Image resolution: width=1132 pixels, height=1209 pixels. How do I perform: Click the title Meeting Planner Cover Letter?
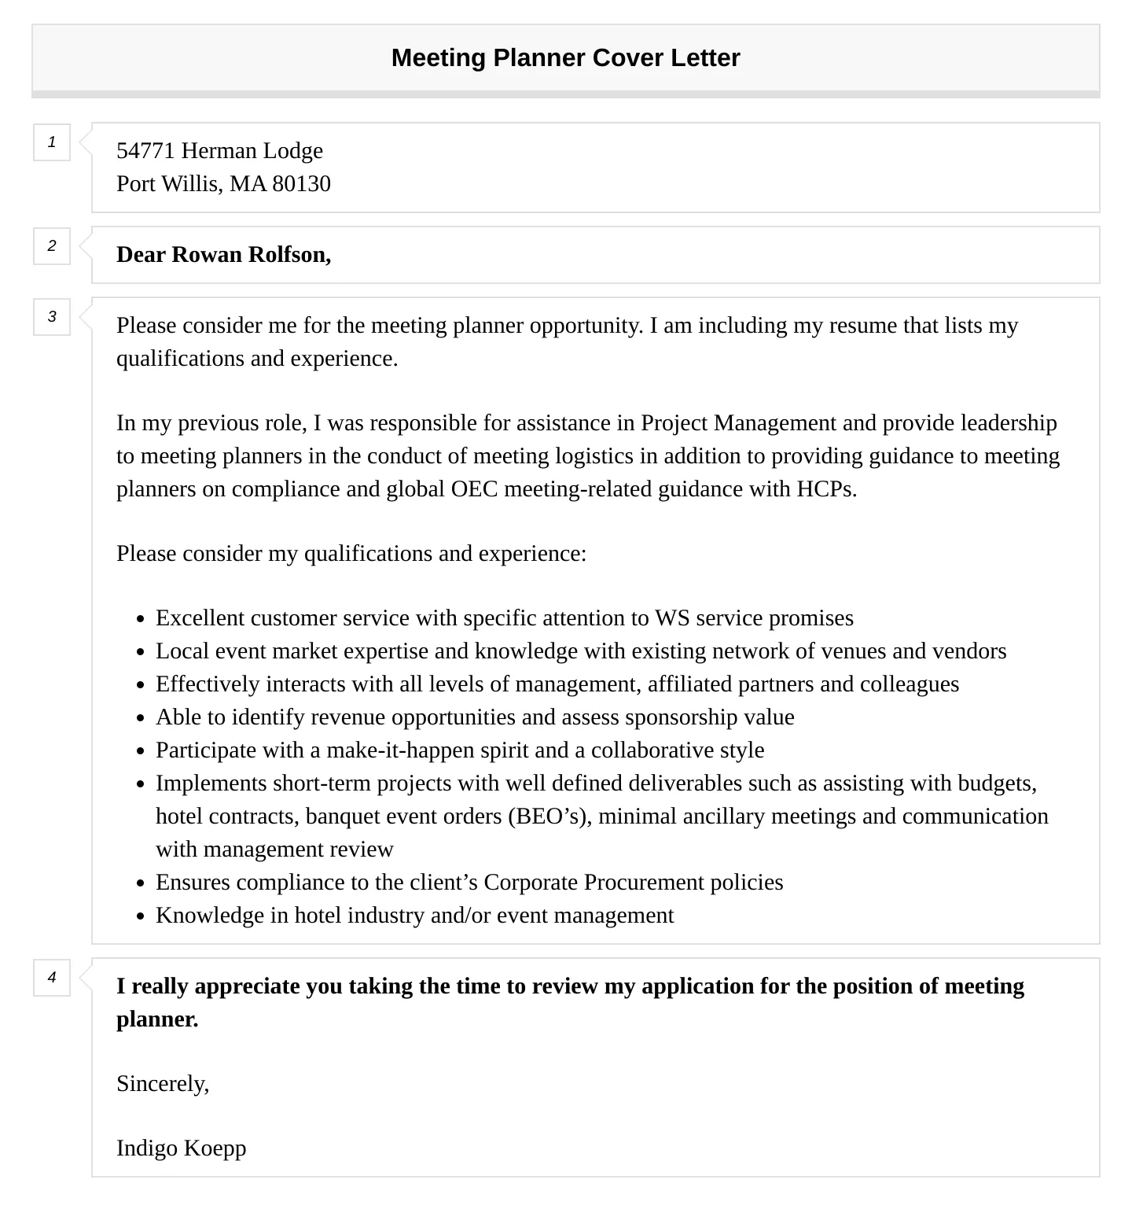click(565, 58)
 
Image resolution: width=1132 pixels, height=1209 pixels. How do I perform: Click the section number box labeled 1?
click(52, 142)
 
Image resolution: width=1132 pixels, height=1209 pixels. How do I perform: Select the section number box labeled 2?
click(52, 246)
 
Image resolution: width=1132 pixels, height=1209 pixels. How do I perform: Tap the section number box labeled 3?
click(52, 317)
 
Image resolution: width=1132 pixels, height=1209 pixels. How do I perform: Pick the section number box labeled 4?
click(52, 978)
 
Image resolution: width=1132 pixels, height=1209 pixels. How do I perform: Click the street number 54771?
click(145, 151)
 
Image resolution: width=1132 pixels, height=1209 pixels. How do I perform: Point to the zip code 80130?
click(301, 184)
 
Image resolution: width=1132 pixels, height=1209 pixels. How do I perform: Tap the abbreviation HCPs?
click(826, 489)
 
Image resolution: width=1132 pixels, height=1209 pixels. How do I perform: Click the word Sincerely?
click(162, 1084)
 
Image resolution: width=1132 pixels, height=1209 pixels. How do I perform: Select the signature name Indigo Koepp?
click(181, 1148)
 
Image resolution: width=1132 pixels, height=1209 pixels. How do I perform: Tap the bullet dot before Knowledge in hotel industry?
click(141, 917)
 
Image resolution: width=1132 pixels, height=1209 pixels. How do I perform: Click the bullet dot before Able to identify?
click(141, 719)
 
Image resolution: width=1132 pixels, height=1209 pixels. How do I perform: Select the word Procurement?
click(644, 883)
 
